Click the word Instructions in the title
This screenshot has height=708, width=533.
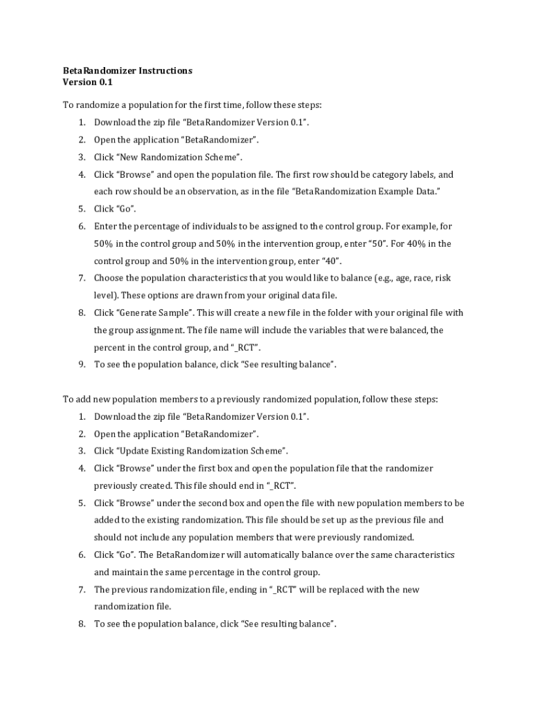click(x=165, y=71)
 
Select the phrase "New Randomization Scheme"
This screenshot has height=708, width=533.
click(x=180, y=157)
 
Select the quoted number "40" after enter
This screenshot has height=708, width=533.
click(x=329, y=261)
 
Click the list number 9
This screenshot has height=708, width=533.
click(x=81, y=364)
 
